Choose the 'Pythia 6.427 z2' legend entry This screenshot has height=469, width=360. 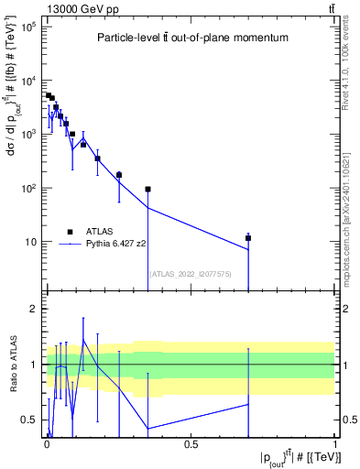[x=115, y=245]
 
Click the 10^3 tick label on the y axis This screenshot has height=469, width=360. [x=27, y=135]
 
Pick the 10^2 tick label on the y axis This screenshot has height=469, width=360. [x=27, y=189]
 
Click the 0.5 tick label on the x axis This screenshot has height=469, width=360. [x=191, y=444]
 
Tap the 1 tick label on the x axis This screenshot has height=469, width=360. [x=336, y=444]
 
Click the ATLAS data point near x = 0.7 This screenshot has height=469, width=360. [x=248, y=238]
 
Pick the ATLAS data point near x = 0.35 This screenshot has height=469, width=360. [x=147, y=190]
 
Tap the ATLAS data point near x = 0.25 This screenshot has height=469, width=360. [x=119, y=174]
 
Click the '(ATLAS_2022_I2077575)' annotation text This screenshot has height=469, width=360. [x=191, y=274]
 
